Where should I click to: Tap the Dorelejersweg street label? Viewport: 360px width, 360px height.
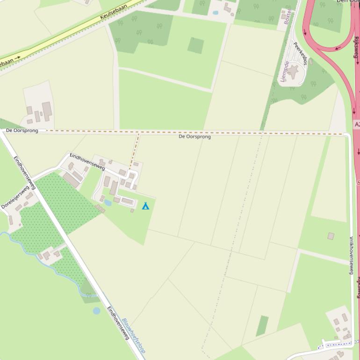click(x=15, y=199)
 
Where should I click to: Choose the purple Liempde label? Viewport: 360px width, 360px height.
click(x=285, y=71)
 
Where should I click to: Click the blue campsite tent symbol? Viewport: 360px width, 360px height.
click(x=145, y=206)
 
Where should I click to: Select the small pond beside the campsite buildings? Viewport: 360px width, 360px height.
click(x=108, y=203)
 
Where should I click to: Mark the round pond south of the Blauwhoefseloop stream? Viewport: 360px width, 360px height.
click(x=96, y=310)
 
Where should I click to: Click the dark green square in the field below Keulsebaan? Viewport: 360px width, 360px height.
click(x=195, y=45)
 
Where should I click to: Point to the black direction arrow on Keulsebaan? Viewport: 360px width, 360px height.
click(x=18, y=58)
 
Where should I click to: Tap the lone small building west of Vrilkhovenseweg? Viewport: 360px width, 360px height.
click(x=331, y=236)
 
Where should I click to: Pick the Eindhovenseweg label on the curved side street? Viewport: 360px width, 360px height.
click(x=87, y=161)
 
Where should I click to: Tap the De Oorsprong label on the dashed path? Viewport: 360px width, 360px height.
click(x=194, y=137)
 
